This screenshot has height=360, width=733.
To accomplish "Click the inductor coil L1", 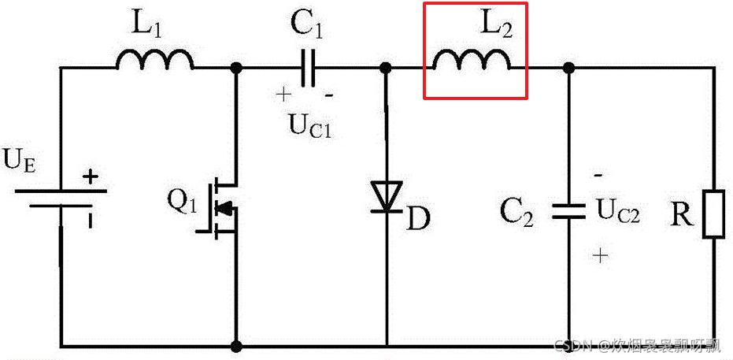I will pos(155,60).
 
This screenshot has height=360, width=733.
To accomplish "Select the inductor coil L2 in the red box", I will pos(472,60).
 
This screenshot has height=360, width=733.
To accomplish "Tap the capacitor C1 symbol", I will pos(309,68).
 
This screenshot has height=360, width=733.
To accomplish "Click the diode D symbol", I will pos(387,197).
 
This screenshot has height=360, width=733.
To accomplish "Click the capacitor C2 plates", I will pos(568,211).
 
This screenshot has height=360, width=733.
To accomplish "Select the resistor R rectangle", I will pos(713,213).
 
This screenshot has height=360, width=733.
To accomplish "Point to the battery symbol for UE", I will pos(61,196).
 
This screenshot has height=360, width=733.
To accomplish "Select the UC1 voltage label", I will pos(309,124).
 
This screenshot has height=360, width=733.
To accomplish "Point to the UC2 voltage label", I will pos(617,210).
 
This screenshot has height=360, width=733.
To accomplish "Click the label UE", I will pos(20,161).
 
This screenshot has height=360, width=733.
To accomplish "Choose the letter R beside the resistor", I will pos(682,213).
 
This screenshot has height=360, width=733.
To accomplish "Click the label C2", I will pos(517,212).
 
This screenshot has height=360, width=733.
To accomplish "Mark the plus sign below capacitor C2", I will pos(602,255).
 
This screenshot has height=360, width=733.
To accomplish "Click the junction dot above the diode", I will pos(387,68).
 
